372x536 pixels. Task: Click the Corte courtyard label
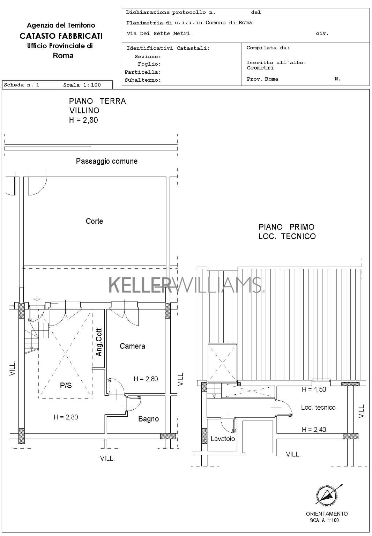(x=95, y=221)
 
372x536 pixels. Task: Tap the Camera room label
(x=132, y=346)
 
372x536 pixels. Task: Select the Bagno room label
(x=149, y=419)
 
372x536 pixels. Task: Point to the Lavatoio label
(x=223, y=439)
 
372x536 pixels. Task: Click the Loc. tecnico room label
(x=318, y=408)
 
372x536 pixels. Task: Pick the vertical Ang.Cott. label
(x=99, y=341)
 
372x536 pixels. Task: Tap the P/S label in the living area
(x=66, y=385)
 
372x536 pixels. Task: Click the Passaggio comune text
(x=107, y=161)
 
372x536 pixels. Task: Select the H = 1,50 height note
(x=314, y=389)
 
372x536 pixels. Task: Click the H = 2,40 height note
(x=314, y=430)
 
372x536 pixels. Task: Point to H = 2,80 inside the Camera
(x=146, y=379)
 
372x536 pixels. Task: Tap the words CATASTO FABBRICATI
(x=61, y=36)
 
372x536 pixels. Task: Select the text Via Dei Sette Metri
(x=158, y=33)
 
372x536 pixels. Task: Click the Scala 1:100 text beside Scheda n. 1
(x=82, y=85)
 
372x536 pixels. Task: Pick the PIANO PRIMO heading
(x=287, y=227)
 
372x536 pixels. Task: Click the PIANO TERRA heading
(x=97, y=101)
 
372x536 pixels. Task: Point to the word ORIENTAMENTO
(x=327, y=514)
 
